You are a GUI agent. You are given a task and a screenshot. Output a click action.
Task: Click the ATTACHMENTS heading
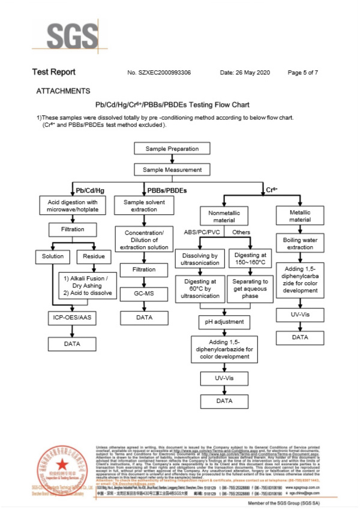tap(63, 91)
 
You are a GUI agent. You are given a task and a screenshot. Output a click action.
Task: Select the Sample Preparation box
tap(172, 149)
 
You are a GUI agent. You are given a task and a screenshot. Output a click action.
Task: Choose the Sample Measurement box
tap(172, 170)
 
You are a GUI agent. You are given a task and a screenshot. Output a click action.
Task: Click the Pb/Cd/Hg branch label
tap(90, 190)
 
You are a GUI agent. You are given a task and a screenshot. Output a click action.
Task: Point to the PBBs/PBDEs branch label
tap(166, 190)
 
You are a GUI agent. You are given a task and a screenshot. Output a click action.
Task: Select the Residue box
tap(93, 256)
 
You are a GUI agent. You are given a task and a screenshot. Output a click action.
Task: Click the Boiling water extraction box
tap(300, 242)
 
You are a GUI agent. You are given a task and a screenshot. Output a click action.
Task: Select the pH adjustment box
tap(224, 323)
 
